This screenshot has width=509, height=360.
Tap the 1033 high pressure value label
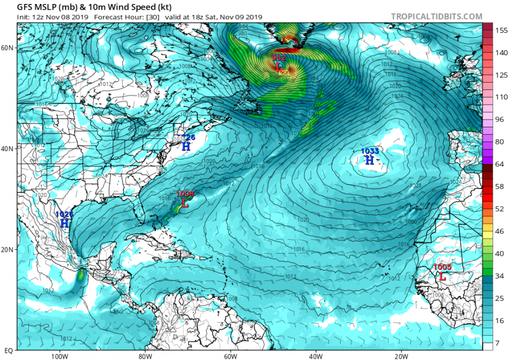click(x=370, y=151)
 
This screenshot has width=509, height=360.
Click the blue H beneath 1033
click(x=369, y=161)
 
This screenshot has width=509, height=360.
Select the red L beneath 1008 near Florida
click(x=184, y=203)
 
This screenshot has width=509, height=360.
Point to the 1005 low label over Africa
click(x=442, y=267)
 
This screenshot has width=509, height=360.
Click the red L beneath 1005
click(x=442, y=277)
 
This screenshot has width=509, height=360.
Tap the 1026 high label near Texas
click(x=65, y=215)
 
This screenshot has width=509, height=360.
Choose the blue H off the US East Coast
click(x=186, y=147)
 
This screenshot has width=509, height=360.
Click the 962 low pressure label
click(x=279, y=58)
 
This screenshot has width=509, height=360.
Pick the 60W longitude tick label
click(x=230, y=357)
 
